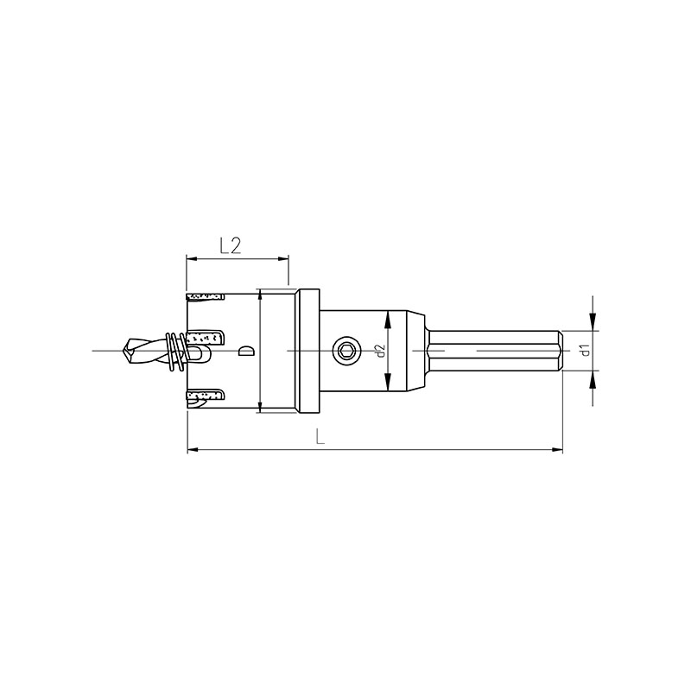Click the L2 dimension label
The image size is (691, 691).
[x=231, y=245]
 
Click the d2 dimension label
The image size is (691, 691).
[x=381, y=351]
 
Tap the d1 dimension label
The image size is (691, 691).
[x=585, y=351]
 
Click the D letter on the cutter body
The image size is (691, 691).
[x=245, y=351]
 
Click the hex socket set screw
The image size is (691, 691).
[x=345, y=351]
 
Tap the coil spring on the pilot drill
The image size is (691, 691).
[x=176, y=352]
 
